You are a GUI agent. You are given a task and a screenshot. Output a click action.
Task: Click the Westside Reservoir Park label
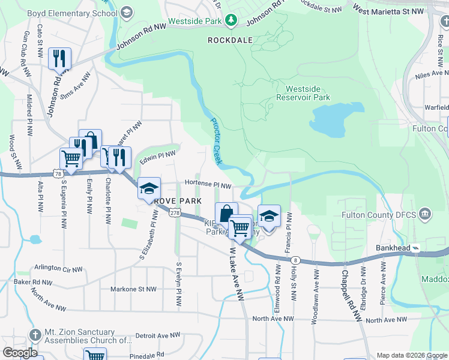click(x=303, y=92)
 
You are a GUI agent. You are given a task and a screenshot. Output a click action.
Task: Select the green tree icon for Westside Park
click(x=231, y=22)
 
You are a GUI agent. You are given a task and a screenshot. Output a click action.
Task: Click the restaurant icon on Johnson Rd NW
click(x=59, y=59)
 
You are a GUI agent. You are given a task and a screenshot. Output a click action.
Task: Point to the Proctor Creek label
click(x=216, y=140)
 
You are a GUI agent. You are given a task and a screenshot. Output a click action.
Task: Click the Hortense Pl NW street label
click(x=208, y=185)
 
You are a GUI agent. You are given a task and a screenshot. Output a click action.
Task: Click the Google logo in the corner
click(x=20, y=352)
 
